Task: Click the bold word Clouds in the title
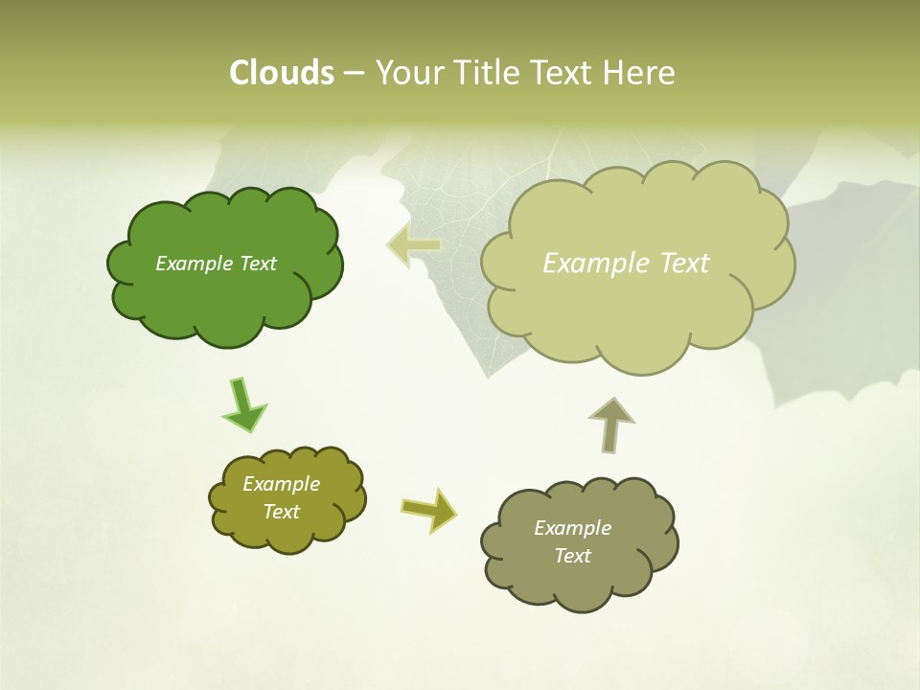click(281, 73)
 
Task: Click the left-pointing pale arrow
click(414, 245)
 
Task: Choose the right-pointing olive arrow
click(429, 509)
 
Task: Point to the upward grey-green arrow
click(610, 424)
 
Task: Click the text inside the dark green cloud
click(216, 264)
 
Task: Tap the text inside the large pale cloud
click(626, 264)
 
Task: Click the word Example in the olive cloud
click(281, 484)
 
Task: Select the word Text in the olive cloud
click(281, 512)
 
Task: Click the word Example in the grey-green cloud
click(572, 528)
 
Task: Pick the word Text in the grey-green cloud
click(572, 556)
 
